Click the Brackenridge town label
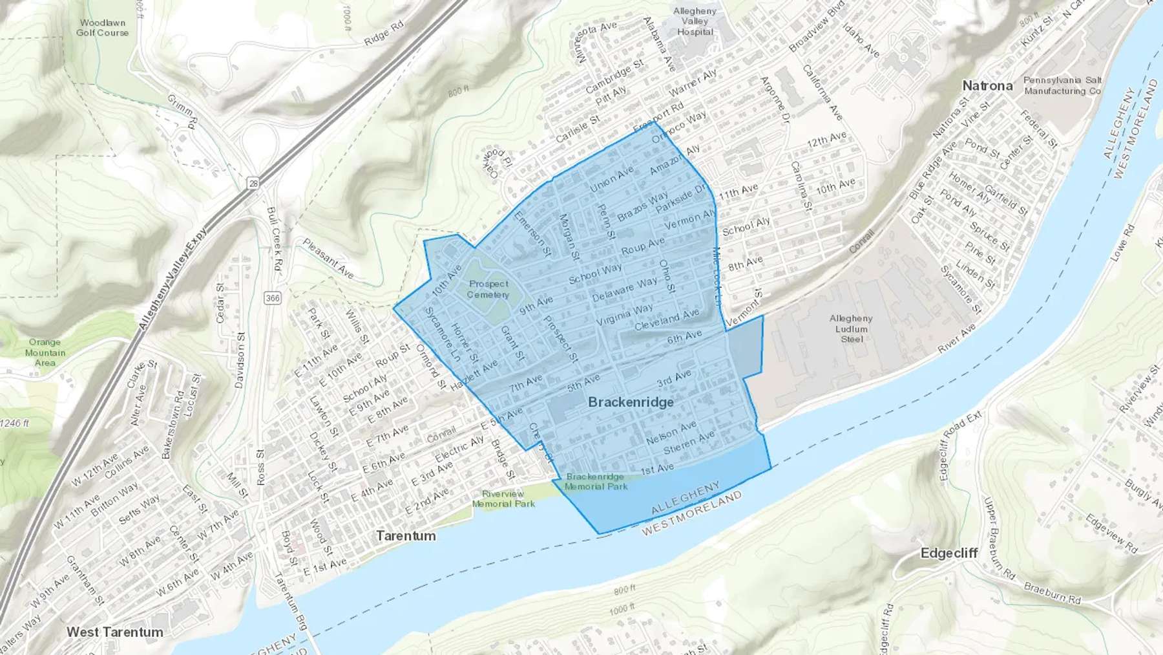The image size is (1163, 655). point(631,402)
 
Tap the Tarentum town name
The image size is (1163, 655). point(406,536)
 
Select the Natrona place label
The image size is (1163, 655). point(987,86)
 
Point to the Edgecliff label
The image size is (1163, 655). point(948,553)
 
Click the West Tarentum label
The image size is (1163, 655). point(115,632)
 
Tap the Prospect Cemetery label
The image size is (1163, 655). point(488,289)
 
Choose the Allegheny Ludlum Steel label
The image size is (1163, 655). point(851,328)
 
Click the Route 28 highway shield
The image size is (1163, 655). point(253,184)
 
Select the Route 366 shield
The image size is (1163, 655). point(272,298)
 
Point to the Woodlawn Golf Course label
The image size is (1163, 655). point(102,27)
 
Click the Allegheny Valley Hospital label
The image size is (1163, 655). point(695,21)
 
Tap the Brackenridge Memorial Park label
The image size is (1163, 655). point(596,482)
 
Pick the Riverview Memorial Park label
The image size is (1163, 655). point(503,499)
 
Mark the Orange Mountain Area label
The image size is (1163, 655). point(45,352)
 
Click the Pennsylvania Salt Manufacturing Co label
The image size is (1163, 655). point(1062,85)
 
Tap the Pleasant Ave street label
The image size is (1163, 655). point(328,258)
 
